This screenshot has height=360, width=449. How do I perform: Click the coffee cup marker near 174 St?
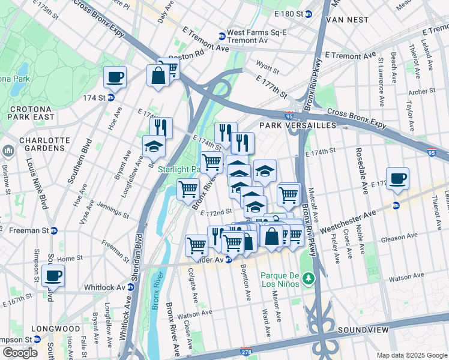pyautogui.click(x=115, y=77)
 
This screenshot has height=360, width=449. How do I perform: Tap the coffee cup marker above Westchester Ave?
pyautogui.click(x=397, y=179)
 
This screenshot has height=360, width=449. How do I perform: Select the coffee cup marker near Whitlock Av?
pyautogui.click(x=53, y=276)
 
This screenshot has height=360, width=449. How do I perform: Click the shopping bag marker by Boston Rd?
pyautogui.click(x=158, y=76)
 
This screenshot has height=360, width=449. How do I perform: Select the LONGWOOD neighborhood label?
pyautogui.click(x=56, y=329)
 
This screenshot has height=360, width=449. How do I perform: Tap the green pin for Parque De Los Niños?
pyautogui.click(x=308, y=278)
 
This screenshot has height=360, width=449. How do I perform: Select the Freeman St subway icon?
pyautogui.click(x=54, y=230)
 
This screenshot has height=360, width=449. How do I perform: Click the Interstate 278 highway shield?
pyautogui.click(x=246, y=351)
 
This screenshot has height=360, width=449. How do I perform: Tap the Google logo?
pyautogui.click(x=20, y=352)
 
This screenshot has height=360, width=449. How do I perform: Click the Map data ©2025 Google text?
pyautogui.click(x=412, y=355)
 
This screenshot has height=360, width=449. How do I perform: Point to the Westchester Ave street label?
pyautogui.click(x=348, y=222)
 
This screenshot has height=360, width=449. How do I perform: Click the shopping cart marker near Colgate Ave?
pyautogui.click(x=196, y=245)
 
